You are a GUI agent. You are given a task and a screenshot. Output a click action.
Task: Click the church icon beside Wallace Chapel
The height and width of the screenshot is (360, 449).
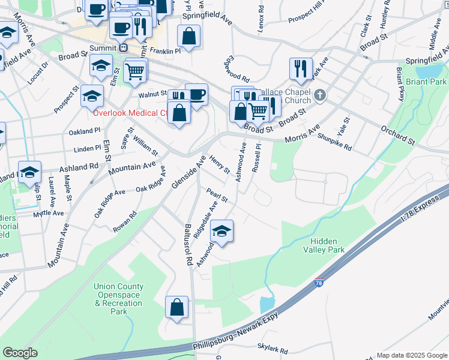pos(320,94)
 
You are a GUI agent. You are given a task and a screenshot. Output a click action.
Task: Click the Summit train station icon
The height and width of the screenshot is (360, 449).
pos(124,47)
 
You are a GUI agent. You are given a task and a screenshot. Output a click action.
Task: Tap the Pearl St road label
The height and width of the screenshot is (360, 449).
pos(217,196)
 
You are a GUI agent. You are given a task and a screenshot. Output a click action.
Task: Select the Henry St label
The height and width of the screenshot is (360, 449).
pos(219,164)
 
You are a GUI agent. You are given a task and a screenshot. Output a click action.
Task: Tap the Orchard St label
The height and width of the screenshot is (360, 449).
pos(398,136)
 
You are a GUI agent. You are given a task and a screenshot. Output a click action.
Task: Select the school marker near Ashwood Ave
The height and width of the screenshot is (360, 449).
pos(222,232)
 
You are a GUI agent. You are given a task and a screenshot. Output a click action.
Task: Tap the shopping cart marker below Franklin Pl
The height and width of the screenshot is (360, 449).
pos(135,71)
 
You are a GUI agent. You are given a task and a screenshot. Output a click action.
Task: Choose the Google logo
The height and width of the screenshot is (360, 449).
pos(20,353)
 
